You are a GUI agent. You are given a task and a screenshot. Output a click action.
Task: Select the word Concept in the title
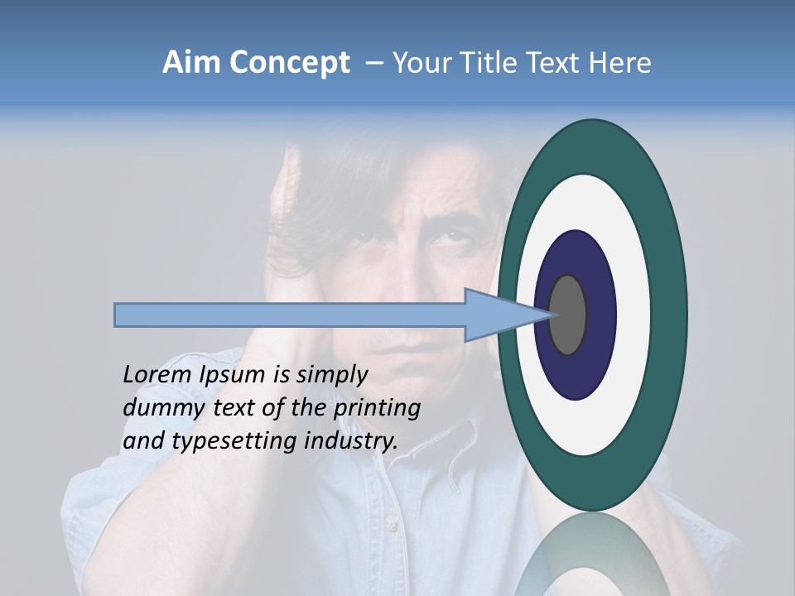coord(289,64)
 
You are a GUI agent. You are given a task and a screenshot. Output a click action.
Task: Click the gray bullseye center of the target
coord(568,315)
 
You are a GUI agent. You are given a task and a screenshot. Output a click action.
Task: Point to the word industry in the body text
coord(350,441)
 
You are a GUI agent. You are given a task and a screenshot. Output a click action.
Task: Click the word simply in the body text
coord(331,375)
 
